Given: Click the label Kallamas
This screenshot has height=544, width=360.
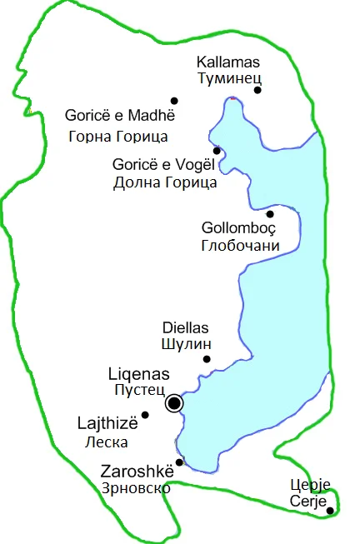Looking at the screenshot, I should click(x=227, y=62).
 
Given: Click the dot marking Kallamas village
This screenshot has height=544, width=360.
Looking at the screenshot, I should click(x=257, y=90).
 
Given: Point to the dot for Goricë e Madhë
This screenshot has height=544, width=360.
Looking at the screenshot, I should click(x=174, y=101).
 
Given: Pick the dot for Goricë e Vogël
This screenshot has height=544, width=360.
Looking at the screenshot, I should click(x=217, y=151).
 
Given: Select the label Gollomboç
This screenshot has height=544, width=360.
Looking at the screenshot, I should click(x=238, y=228).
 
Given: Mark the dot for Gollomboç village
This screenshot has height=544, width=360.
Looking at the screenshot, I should click(x=269, y=214).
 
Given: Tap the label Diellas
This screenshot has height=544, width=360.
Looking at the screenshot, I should click(x=184, y=327).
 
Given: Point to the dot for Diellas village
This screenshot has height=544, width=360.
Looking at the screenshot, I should click(x=207, y=360).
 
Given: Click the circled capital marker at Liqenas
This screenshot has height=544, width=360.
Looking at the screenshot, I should click(x=174, y=404).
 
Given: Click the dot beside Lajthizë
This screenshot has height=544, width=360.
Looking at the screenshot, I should click(x=145, y=415).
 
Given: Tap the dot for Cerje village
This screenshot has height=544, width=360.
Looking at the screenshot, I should click(x=330, y=511).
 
